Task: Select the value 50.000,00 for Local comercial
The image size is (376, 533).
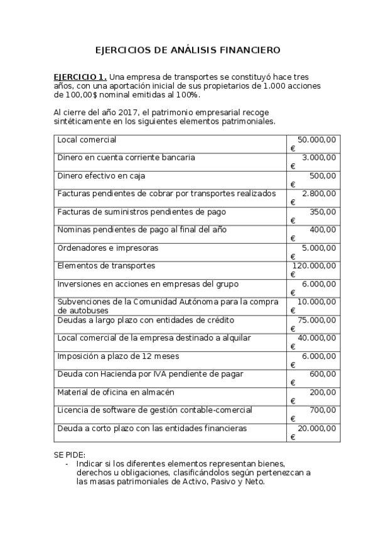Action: (317, 140)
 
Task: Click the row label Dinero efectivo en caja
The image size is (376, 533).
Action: (101, 175)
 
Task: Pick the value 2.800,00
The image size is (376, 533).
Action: (319, 194)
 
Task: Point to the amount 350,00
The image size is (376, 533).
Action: (323, 212)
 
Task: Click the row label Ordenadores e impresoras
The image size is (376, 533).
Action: (107, 248)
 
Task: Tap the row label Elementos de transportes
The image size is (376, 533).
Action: (106, 266)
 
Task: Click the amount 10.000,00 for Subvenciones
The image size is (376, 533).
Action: (317, 302)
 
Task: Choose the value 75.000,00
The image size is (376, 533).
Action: (317, 320)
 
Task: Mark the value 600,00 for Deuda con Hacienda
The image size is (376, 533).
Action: (323, 374)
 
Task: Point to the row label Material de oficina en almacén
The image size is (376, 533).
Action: (115, 392)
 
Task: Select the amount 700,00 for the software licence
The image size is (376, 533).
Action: (323, 410)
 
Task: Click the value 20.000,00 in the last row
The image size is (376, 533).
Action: (317, 428)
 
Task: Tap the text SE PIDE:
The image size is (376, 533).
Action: (70, 454)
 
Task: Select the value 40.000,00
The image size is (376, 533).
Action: (317, 338)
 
